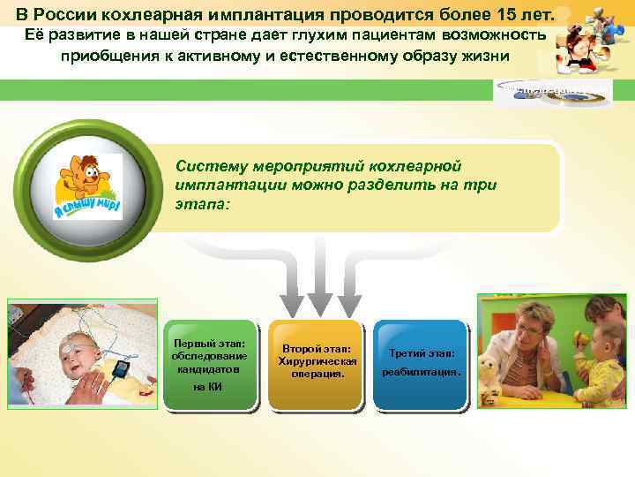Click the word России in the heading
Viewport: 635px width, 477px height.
click(x=70, y=15)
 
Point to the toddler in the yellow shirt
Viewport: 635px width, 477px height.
click(x=604, y=362)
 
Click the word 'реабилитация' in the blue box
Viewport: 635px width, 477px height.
click(x=422, y=373)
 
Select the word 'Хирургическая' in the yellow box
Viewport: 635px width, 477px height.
click(x=317, y=361)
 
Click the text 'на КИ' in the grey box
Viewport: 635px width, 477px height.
click(x=209, y=387)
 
